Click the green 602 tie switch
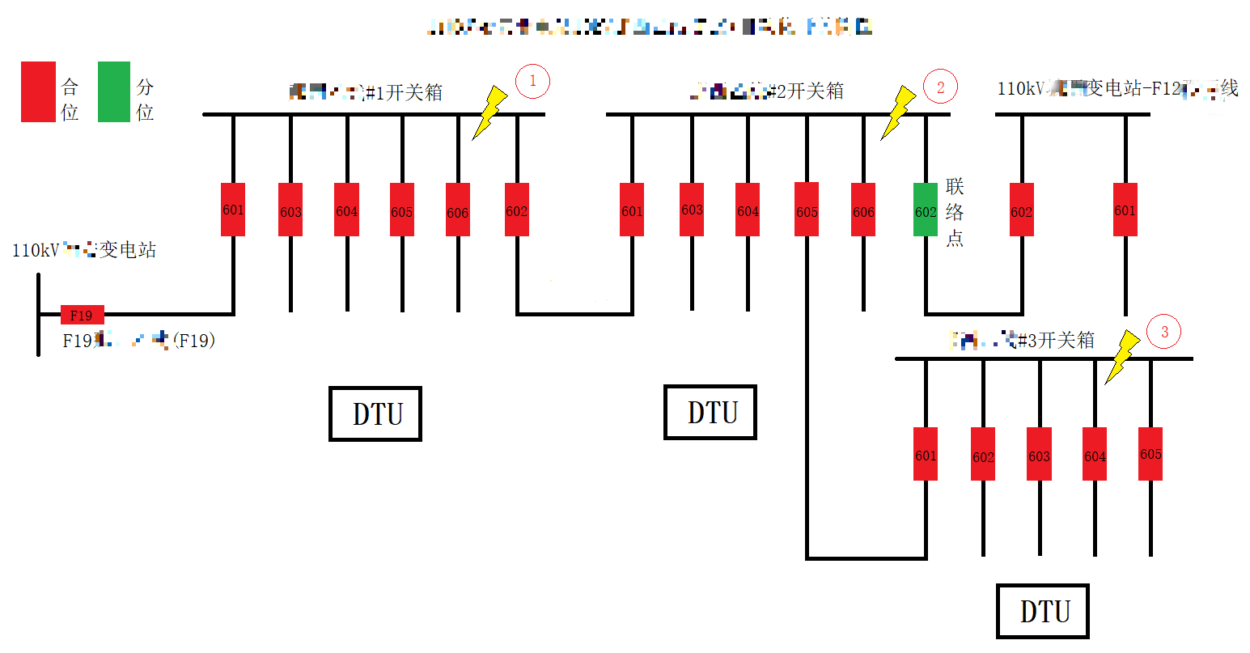925,210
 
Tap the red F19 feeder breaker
82,315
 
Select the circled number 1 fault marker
532,82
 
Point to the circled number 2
940,87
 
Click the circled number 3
1164,332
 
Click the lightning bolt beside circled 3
1121,357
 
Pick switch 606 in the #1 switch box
458,210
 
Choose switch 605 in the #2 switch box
807,210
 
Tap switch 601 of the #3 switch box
926,454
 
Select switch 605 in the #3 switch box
1150,454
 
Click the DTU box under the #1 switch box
375,413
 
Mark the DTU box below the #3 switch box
1043,611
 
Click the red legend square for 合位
38,91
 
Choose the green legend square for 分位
114,91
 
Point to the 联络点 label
955,212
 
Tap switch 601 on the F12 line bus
1125,210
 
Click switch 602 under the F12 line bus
1022,210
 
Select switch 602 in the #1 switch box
517,210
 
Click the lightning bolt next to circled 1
490,112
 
